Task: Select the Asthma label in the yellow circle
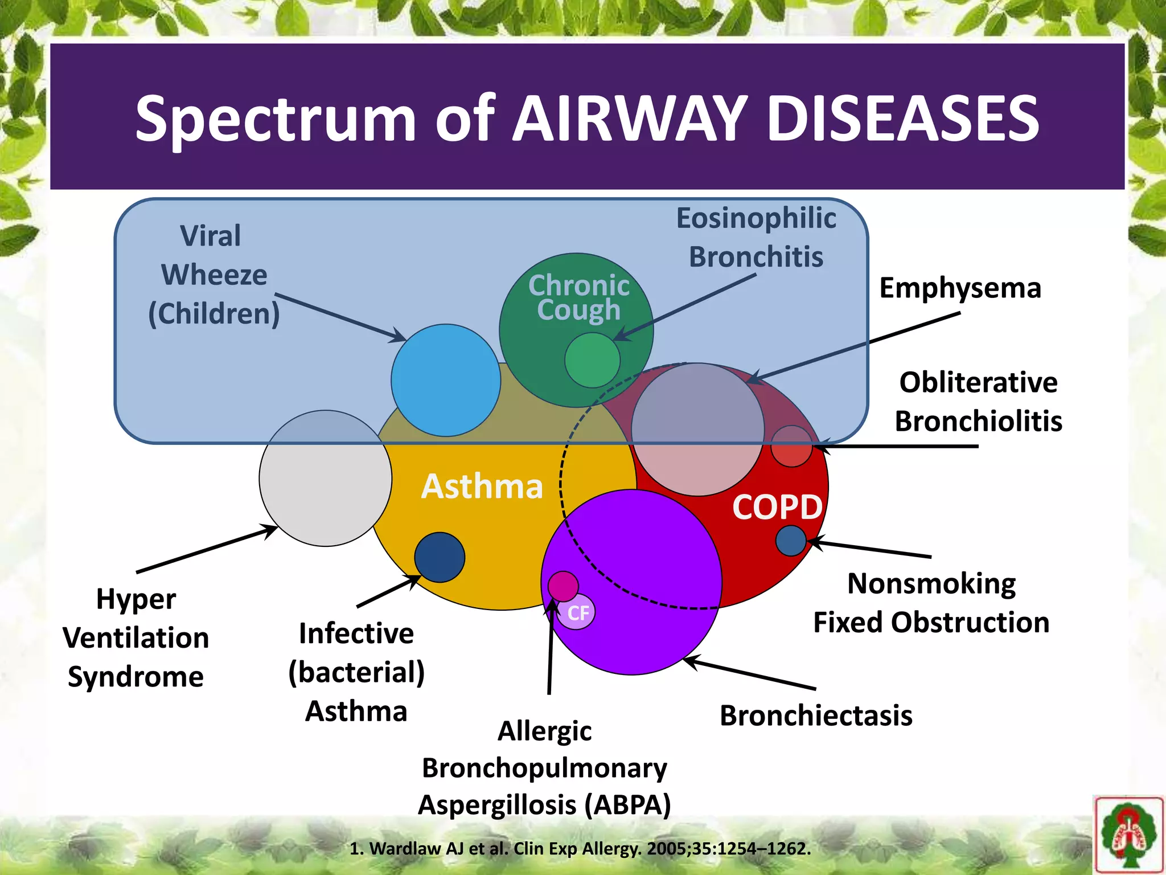482,486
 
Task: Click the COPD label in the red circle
777,506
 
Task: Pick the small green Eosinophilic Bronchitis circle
592,360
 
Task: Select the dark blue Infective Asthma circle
439,557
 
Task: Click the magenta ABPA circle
563,586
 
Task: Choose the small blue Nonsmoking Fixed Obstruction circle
791,540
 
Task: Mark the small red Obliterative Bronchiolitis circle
791,446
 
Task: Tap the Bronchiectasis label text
815,715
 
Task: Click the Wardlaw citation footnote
580,849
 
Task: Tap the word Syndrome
136,677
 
